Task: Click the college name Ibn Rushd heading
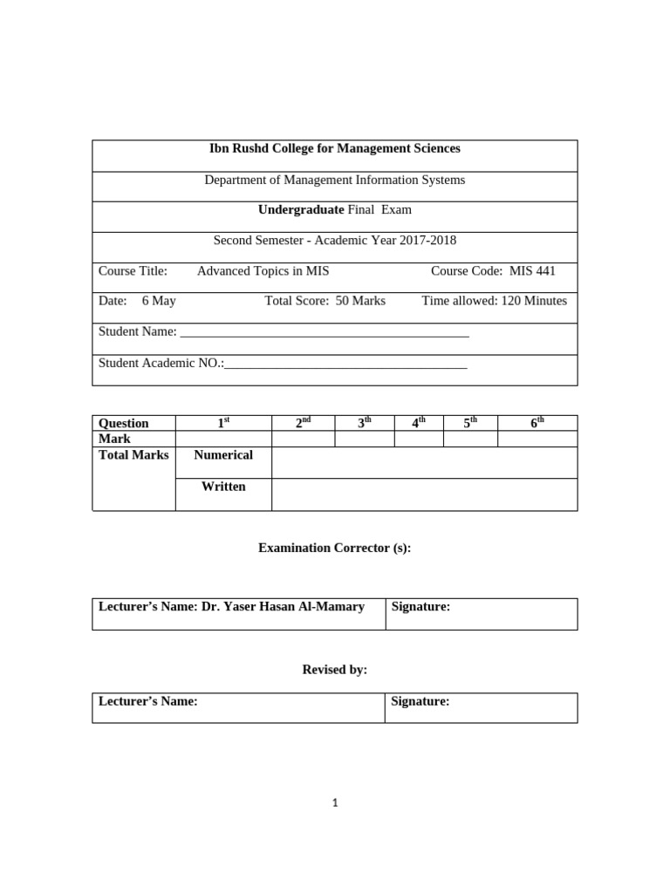[335, 149]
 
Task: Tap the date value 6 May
[159, 301]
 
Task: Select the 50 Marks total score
[360, 301]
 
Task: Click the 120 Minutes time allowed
[533, 301]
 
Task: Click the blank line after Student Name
[324, 333]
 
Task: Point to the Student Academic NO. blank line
[345, 365]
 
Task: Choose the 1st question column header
[223, 423]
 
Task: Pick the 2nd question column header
[303, 423]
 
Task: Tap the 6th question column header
[537, 423]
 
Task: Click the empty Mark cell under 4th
[419, 439]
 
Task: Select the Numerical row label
[223, 455]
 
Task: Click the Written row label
[223, 487]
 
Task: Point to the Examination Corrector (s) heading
[334, 549]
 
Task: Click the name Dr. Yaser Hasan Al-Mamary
[283, 607]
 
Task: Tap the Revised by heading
[334, 670]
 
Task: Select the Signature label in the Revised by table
[420, 701]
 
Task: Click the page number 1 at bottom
[335, 803]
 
